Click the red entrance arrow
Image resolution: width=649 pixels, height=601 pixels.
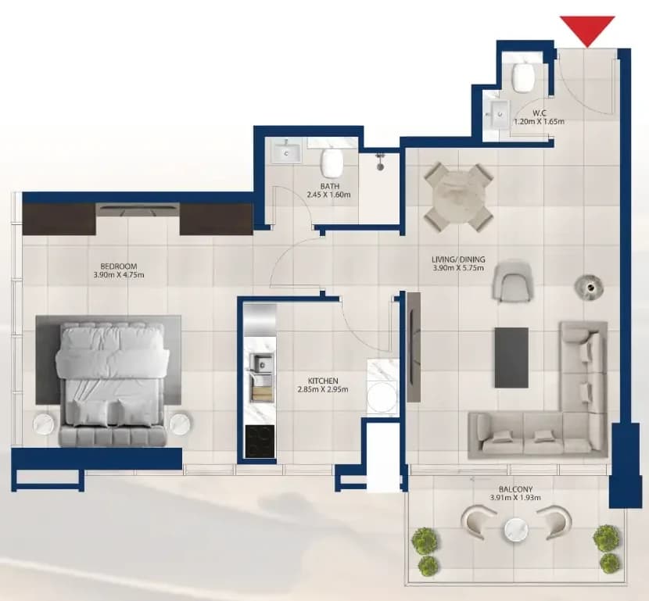tap(587, 29)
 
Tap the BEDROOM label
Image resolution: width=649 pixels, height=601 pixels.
tap(119, 267)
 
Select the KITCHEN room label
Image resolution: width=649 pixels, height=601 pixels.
tap(323, 381)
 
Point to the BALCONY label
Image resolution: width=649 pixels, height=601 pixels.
tap(515, 489)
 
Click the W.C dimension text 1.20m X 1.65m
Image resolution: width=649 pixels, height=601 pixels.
tap(539, 122)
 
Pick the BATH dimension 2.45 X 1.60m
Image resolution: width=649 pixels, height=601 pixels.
tap(328, 195)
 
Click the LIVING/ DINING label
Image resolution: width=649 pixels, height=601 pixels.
tap(458, 259)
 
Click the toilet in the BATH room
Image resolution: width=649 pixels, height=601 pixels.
tap(332, 161)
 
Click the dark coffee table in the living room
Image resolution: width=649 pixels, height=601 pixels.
tap(511, 357)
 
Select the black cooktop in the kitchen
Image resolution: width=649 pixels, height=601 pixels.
tap(260, 442)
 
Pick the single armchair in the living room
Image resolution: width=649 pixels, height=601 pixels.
tap(511, 282)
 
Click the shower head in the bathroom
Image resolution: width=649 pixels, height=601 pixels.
tap(379, 162)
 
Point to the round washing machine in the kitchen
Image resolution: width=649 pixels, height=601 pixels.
tap(382, 397)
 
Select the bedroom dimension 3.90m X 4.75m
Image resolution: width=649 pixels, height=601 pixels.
tap(119, 274)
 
